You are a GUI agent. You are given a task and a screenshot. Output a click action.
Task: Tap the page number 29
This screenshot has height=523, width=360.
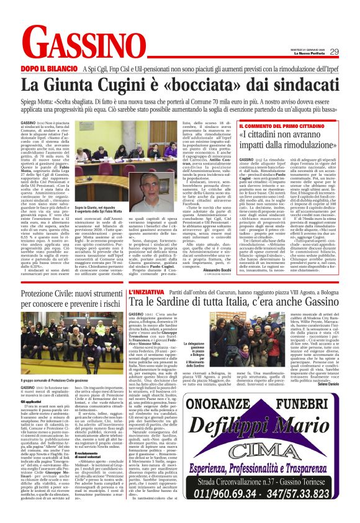click(334, 52)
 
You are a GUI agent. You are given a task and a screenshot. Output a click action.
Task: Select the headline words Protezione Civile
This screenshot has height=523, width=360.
click(47, 293)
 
